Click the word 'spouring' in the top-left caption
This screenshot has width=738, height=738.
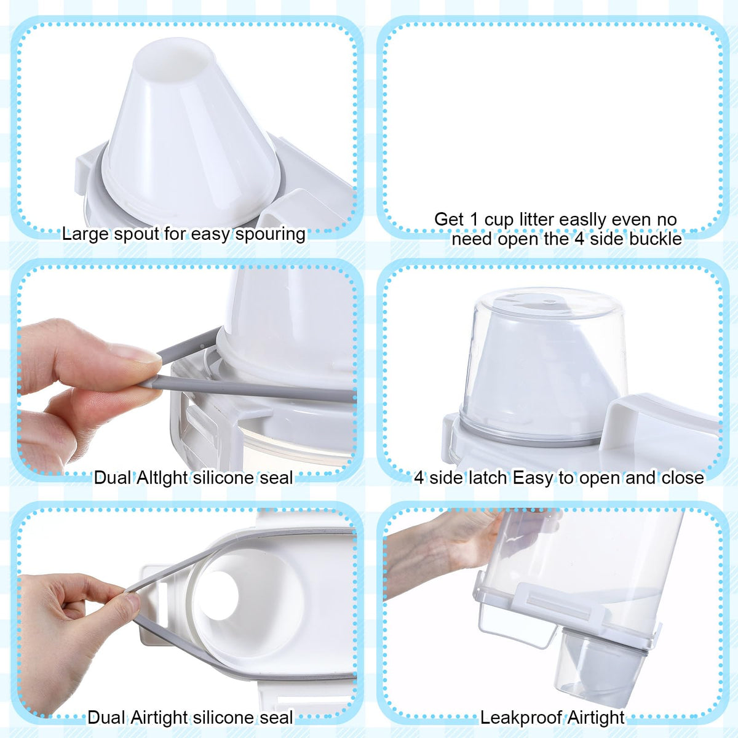271,234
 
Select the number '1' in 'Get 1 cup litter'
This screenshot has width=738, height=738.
474,220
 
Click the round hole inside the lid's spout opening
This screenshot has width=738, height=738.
220,595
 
